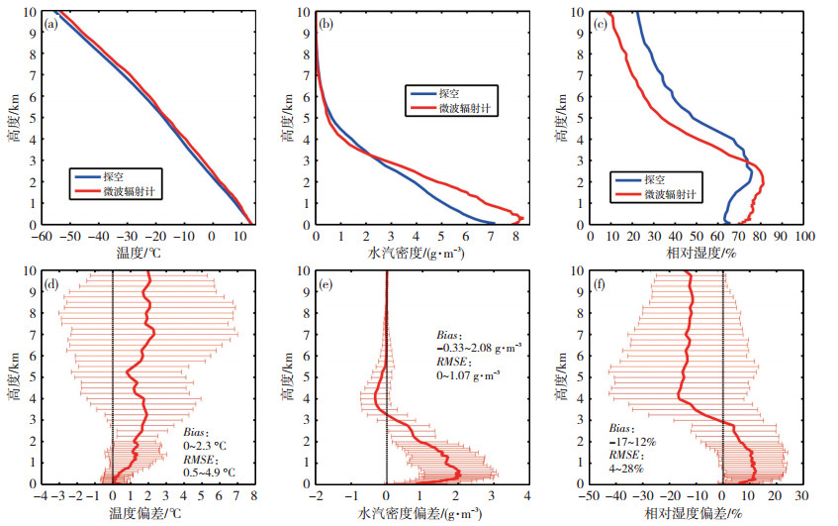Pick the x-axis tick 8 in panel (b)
pyautogui.click(x=514, y=238)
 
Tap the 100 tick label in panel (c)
pyautogui.click(x=803, y=238)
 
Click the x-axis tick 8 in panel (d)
pyautogui.click(x=253, y=496)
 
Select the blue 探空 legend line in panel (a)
pyautogui.click(x=86, y=176)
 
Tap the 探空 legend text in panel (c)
pyautogui.click(x=654, y=180)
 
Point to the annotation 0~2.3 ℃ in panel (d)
pyautogui.click(x=207, y=445)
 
